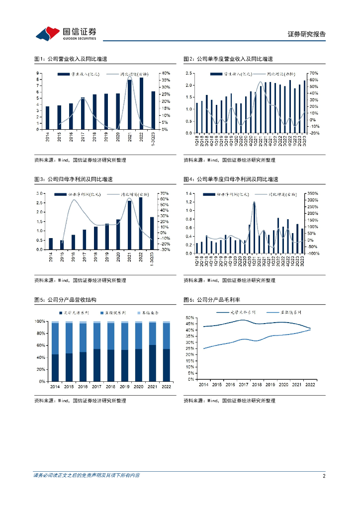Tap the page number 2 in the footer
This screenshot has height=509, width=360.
[x=324, y=476]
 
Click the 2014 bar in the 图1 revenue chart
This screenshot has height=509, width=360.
[x=48, y=118]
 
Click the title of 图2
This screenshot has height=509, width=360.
[x=228, y=59]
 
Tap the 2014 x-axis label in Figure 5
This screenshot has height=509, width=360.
[x=55, y=386]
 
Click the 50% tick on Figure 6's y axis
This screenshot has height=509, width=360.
[x=189, y=317]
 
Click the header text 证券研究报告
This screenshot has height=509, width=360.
[x=307, y=34]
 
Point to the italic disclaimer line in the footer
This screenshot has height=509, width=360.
[x=86, y=476]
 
